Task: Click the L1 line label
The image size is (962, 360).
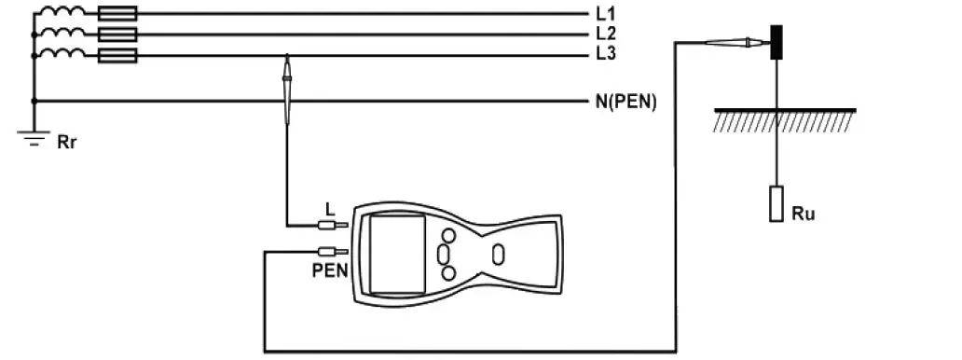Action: [x=605, y=15]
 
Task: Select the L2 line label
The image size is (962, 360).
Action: [x=605, y=35]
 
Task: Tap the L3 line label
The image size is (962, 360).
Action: [x=605, y=54]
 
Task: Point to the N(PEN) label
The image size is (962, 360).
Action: [x=626, y=102]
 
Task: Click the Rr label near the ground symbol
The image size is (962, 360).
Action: [x=67, y=143]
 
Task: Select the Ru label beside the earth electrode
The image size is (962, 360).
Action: [x=804, y=214]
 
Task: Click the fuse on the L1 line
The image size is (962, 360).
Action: [x=117, y=14]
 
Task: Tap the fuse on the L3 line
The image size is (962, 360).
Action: [x=117, y=56]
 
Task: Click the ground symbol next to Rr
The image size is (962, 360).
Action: [x=34, y=139]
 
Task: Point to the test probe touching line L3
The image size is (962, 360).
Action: [x=287, y=89]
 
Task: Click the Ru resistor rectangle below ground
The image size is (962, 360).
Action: [x=776, y=204]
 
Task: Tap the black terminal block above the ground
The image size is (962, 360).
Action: [x=776, y=43]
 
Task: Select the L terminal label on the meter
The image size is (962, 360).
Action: [x=330, y=207]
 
